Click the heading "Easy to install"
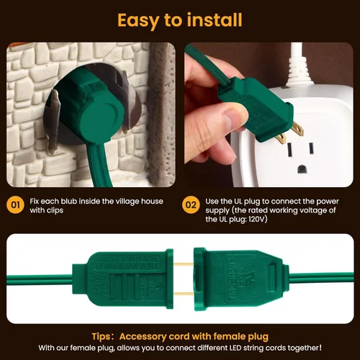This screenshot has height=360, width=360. (x=179, y=19)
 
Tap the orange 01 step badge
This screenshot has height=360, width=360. (x=15, y=205)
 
